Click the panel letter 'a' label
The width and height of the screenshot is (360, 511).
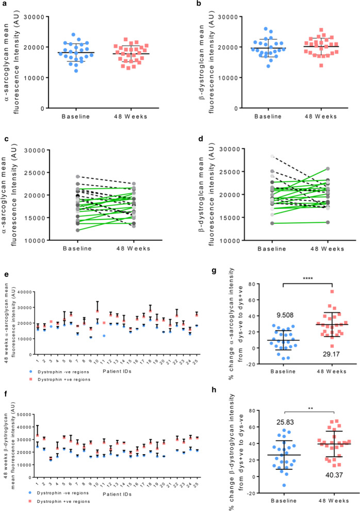4,4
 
